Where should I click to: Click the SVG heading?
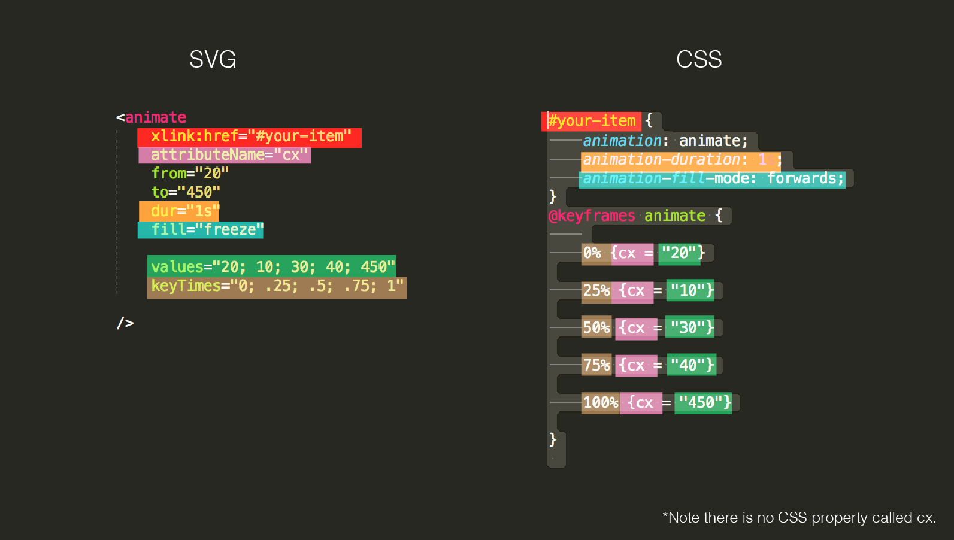pyautogui.click(x=213, y=59)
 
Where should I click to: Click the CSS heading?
pyautogui.click(x=699, y=59)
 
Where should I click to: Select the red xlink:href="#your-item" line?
pyautogui.click(x=249, y=137)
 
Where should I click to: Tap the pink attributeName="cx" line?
pyautogui.click(x=225, y=155)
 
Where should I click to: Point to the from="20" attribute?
pyautogui.click(x=190, y=174)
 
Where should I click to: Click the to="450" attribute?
pyautogui.click(x=186, y=192)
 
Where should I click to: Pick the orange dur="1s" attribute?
pyautogui.click(x=180, y=211)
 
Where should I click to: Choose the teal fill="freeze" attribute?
pyautogui.click(x=201, y=230)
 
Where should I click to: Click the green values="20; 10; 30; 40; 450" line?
pyautogui.click(x=272, y=266)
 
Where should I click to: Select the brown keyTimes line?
pyautogui.click(x=277, y=286)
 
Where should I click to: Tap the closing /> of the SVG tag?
pyautogui.click(x=125, y=324)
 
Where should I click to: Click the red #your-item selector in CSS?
pyautogui.click(x=592, y=121)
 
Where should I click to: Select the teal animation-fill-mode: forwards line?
pyautogui.click(x=713, y=178)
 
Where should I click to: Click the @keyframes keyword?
pyautogui.click(x=592, y=216)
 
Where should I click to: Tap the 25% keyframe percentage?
pyautogui.click(x=596, y=291)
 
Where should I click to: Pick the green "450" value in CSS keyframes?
pyautogui.click(x=704, y=403)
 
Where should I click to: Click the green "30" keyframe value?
pyautogui.click(x=690, y=328)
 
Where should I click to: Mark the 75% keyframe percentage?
pyautogui.click(x=596, y=365)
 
